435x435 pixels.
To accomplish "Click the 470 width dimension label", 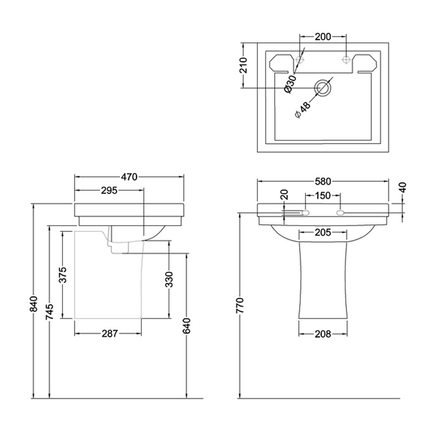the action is (129, 177).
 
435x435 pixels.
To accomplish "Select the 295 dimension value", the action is (109, 191).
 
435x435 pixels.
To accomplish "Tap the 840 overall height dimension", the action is (34, 304).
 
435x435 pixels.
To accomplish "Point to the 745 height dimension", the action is (49, 312).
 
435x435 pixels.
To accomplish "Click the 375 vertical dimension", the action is (63, 275).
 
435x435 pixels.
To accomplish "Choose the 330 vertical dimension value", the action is (169, 279).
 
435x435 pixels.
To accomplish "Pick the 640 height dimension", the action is (187, 326).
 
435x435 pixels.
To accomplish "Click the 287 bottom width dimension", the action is (110, 334).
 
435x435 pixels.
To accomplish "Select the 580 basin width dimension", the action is (323, 182).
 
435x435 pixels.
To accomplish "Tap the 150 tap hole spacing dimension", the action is (323, 196).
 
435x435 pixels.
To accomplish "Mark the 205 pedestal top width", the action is (323, 232).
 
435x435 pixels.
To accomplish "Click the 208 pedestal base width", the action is (323, 334).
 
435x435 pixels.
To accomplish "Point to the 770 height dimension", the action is (240, 306).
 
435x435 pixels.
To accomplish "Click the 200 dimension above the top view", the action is (323, 36).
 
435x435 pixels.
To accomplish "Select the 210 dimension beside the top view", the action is (243, 65).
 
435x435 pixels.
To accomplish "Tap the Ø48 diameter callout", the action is (302, 110).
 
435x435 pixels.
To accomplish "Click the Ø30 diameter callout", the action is (290, 84).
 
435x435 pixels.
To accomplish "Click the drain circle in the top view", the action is (322, 88).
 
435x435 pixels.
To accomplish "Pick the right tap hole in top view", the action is (346, 59).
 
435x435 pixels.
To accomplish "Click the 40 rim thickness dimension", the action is (403, 188).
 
